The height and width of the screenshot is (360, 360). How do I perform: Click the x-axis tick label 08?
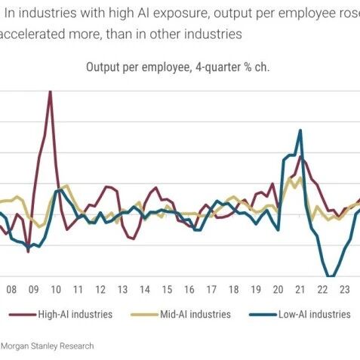pyautogui.click(x=11, y=290)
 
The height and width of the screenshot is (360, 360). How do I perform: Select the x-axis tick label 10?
pyautogui.click(x=56, y=290)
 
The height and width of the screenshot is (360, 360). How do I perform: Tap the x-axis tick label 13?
pyautogui.click(x=122, y=290)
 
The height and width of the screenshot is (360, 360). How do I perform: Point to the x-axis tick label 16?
pyautogui.click(x=189, y=290)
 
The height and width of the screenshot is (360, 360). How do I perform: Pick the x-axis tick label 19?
pyautogui.click(x=256, y=290)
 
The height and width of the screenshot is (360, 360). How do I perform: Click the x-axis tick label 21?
pyautogui.click(x=300, y=290)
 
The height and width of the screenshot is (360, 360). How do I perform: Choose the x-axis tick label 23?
pyautogui.click(x=345, y=290)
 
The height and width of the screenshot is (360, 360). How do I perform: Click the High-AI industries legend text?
pyautogui.click(x=75, y=314)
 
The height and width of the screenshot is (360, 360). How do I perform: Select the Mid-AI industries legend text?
pyautogui.click(x=195, y=314)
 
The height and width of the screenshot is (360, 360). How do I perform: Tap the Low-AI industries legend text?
pyautogui.click(x=315, y=314)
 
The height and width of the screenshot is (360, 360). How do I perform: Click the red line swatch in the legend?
pyautogui.click(x=23, y=315)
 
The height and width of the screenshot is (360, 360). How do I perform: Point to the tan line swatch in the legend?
pyautogui.click(x=144, y=315)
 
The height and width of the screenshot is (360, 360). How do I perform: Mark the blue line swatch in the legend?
pyautogui.click(x=263, y=315)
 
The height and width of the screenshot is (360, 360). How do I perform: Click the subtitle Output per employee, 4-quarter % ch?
pyautogui.click(x=177, y=67)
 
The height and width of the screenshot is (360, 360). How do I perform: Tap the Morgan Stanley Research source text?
pyautogui.click(x=48, y=346)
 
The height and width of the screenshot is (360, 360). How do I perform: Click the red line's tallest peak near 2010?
pyautogui.click(x=51, y=91)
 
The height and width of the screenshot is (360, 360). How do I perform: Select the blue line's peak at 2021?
pyautogui.click(x=300, y=131)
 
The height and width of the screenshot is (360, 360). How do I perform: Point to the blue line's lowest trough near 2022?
pyautogui.click(x=331, y=276)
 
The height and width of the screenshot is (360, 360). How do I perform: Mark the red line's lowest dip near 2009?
pyautogui.click(x=28, y=251)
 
